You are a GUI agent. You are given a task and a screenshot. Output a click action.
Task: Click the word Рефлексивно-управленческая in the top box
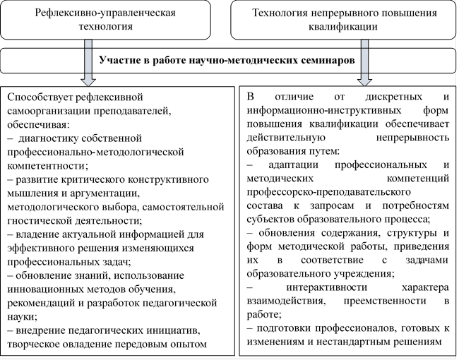click(x=105, y=13)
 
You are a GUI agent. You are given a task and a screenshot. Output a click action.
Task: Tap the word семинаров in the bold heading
click(x=328, y=60)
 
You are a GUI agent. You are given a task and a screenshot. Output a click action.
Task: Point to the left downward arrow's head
click(x=88, y=82)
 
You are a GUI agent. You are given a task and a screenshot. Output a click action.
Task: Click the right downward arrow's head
click(x=364, y=82)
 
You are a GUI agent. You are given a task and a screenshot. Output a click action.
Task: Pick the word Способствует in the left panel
click(x=40, y=97)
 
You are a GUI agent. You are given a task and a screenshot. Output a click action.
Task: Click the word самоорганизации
click(x=49, y=112)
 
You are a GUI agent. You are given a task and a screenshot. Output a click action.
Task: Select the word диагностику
click(x=48, y=138)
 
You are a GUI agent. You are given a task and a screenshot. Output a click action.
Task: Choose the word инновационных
click(x=45, y=289)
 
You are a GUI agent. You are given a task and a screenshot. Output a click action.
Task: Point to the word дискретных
click(x=394, y=97)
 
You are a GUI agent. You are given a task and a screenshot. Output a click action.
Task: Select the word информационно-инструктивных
click(x=324, y=110)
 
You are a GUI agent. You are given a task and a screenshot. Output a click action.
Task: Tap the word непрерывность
click(x=412, y=138)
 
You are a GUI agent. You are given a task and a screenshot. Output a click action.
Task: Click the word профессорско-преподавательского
click(x=329, y=192)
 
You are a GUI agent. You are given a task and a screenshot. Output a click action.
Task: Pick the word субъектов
click(x=270, y=220)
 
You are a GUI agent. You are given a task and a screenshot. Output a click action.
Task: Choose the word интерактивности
click(x=327, y=287)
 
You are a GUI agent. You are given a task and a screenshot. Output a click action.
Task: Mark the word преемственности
click(x=385, y=301)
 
